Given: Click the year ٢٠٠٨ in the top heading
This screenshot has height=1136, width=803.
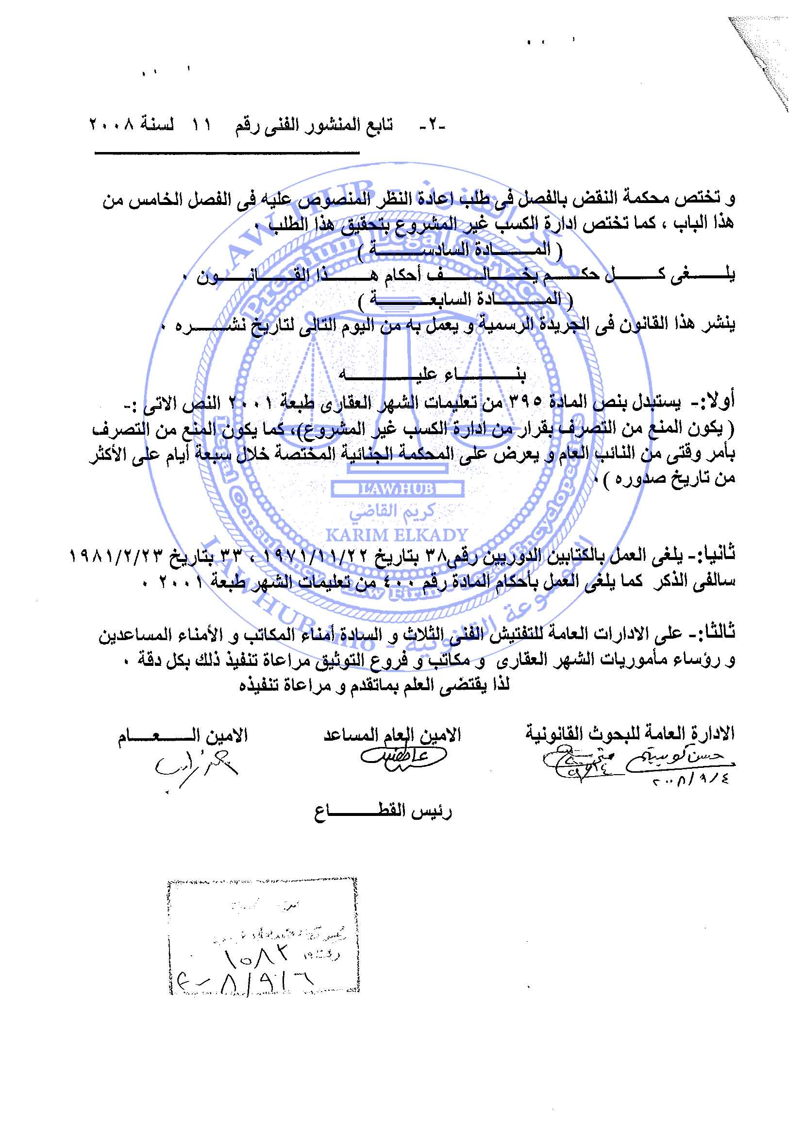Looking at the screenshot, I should coord(111,124).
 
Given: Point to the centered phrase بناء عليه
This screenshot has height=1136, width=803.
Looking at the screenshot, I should coord(433,374).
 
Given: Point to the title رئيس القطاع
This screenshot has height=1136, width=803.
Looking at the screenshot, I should coord(383,812).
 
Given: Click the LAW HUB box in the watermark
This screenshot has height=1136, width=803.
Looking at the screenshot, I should coord(398,490).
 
